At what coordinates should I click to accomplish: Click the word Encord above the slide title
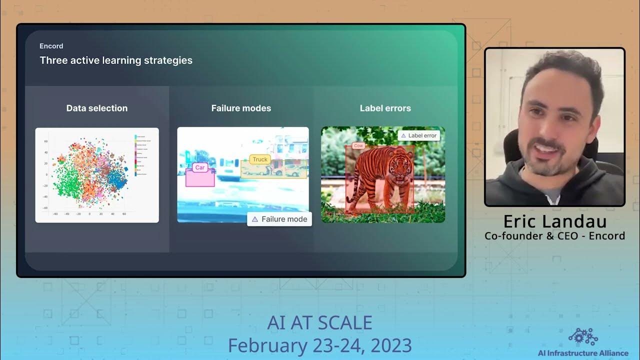51,46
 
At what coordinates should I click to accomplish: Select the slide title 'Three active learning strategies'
116,60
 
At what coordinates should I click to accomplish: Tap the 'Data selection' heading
97,108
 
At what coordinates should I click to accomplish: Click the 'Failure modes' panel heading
241,108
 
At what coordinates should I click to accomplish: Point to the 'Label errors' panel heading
385,108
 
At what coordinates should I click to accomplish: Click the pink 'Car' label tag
200,168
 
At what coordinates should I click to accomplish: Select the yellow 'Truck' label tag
260,159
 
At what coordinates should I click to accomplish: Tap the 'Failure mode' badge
279,219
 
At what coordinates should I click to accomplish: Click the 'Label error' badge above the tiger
419,135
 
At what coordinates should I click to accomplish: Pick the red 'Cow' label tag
358,146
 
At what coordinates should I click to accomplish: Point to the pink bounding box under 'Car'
200,179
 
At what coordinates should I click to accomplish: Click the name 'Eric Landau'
554,221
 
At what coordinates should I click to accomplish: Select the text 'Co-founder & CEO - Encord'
554,236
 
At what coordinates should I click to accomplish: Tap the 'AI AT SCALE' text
319,323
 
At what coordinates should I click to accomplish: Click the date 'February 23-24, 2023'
319,345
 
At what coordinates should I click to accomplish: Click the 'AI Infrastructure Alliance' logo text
583,353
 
